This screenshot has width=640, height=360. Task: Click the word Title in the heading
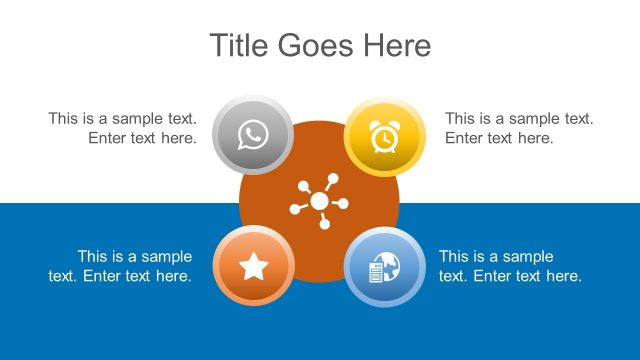pyautogui.click(x=240, y=45)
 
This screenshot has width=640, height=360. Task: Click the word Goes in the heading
pyautogui.click(x=320, y=45)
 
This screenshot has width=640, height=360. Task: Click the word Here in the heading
pyautogui.click(x=398, y=45)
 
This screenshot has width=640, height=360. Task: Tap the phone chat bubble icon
pyautogui.click(x=253, y=135)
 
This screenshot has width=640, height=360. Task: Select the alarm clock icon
pyautogui.click(x=384, y=135)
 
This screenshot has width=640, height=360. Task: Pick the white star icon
pyautogui.click(x=254, y=266)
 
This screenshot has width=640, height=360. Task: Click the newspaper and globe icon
pyautogui.click(x=384, y=267)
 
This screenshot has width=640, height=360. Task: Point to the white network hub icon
pyautogui.click(x=319, y=201)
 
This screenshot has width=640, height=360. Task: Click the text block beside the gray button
pyautogui.click(x=122, y=128)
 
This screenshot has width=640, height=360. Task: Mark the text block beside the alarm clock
pyautogui.click(x=519, y=128)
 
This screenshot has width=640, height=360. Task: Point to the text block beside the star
pyautogui.click(x=120, y=266)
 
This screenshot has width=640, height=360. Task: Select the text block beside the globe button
pyautogui.click(x=510, y=266)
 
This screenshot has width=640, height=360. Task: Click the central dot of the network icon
pyautogui.click(x=319, y=201)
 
